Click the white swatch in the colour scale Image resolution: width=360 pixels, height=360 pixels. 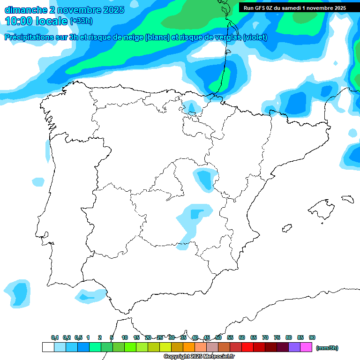[x=48, y=347]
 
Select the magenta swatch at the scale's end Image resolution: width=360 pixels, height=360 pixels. [x=306, y=347]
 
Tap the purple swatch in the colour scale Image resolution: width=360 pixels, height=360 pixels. [x=294, y=347]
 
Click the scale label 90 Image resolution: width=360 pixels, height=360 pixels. [x=312, y=337]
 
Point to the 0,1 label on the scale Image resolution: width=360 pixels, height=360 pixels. [x=55, y=337]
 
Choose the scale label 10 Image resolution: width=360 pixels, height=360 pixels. [x=125, y=337]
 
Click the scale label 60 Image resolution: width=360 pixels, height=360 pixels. [x=242, y=337]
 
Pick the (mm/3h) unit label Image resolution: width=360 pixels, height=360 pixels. [x=327, y=348]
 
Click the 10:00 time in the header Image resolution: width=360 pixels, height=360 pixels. [x=19, y=21]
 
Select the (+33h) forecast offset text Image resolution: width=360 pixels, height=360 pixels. [x=81, y=21]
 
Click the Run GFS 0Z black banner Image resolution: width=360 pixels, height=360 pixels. [x=295, y=8]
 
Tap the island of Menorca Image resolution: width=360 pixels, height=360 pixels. [x=347, y=199]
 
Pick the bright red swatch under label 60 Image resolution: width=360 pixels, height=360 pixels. [x=247, y=347]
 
